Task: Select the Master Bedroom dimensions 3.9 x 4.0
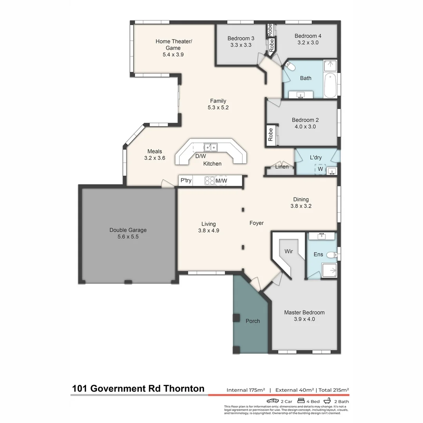(x=304, y=319)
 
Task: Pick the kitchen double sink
(x=211, y=147)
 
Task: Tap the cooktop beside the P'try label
(x=210, y=181)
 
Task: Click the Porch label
(x=253, y=321)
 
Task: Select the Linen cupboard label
(x=282, y=167)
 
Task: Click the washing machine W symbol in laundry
(x=320, y=169)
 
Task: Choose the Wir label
(x=289, y=251)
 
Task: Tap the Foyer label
(x=257, y=223)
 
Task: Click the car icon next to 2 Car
(x=273, y=401)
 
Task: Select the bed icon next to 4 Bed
(x=301, y=401)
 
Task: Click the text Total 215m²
(x=334, y=390)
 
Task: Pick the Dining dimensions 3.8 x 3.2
(x=301, y=206)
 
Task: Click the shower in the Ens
(x=329, y=269)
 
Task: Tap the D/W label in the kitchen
(x=201, y=156)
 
